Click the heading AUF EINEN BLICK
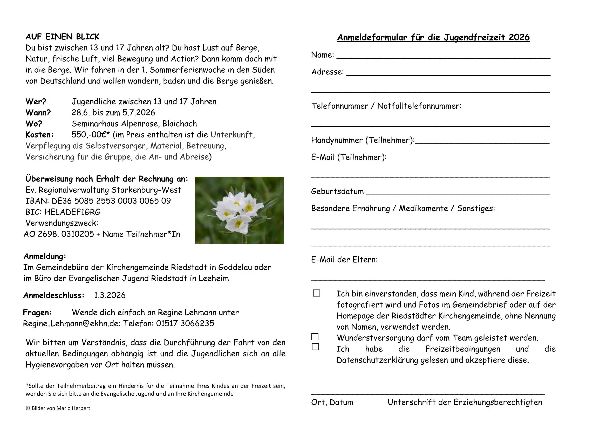click(62, 37)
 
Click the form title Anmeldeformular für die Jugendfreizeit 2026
click(433, 38)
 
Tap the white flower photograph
click(239, 210)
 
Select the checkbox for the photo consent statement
click(316, 293)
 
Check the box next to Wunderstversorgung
click(315, 337)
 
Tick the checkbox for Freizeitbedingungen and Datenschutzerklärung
click(315, 347)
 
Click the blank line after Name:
click(443, 57)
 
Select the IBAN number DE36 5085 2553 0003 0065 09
click(111, 201)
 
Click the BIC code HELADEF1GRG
click(72, 212)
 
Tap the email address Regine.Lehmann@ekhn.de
click(71, 324)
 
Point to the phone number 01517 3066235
click(185, 324)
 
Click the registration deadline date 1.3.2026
click(110, 295)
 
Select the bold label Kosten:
click(39, 135)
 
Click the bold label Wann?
click(38, 113)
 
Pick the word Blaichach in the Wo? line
click(180, 124)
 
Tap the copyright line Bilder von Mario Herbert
click(58, 409)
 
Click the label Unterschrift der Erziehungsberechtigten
click(465, 402)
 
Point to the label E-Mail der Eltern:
click(344, 260)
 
